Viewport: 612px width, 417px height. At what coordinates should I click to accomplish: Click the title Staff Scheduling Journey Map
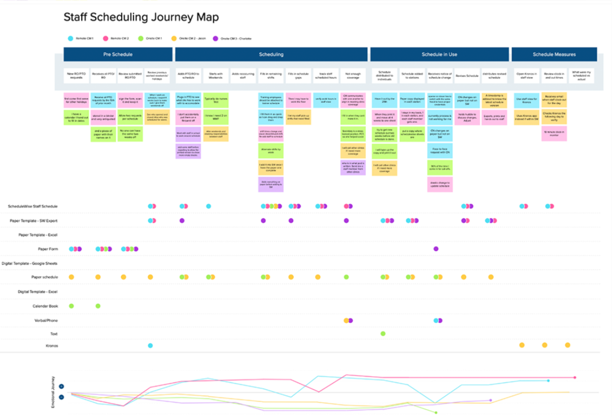[x=141, y=17]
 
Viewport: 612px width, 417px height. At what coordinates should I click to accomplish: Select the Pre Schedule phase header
[x=117, y=54]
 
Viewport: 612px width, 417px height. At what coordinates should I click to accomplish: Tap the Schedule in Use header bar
[x=439, y=54]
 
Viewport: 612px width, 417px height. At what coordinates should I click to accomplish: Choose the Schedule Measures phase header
[x=554, y=54]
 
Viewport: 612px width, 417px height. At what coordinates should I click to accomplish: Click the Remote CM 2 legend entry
[x=117, y=38]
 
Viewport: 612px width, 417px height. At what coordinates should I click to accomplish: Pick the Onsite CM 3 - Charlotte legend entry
[x=233, y=38]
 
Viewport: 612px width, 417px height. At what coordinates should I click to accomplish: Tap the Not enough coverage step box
[x=353, y=76]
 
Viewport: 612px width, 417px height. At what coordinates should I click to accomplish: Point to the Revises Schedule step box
[x=467, y=76]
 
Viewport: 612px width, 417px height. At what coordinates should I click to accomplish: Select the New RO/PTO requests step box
[x=77, y=76]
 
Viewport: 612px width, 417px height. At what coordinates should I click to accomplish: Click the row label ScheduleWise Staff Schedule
[x=33, y=206]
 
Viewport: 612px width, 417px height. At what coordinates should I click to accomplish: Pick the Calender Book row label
[x=45, y=306]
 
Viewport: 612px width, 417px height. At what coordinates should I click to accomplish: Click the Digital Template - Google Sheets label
[x=30, y=263]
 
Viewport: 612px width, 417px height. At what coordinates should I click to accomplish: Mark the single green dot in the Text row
[x=383, y=333]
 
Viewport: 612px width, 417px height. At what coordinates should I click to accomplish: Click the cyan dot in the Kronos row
[x=150, y=345]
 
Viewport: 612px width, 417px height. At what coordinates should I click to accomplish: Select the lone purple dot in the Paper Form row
[x=436, y=249]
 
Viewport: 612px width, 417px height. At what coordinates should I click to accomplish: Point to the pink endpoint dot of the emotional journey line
[x=575, y=377]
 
